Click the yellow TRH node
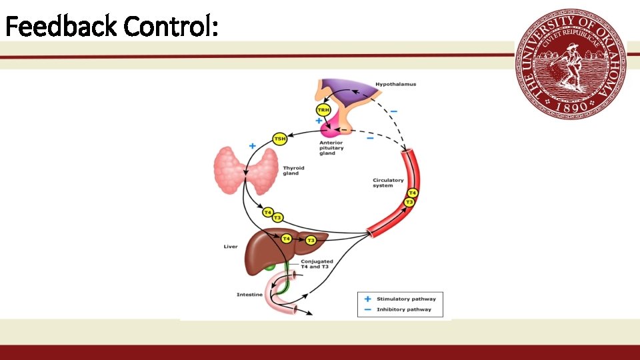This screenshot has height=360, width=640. (x=323, y=110)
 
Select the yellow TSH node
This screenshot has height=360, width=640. (x=281, y=139)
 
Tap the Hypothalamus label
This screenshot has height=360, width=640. (x=395, y=85)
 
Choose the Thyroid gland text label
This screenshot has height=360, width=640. (x=293, y=171)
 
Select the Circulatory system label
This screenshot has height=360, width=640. (x=388, y=182)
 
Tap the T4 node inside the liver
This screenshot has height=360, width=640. (x=286, y=238)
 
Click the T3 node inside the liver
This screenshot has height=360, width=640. (x=311, y=240)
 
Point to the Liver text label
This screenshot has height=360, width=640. (x=231, y=247)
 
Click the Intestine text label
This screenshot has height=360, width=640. (x=249, y=295)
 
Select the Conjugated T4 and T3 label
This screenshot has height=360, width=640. (x=316, y=264)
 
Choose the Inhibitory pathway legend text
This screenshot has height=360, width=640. (x=404, y=309)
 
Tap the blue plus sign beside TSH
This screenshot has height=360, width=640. (x=252, y=145)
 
